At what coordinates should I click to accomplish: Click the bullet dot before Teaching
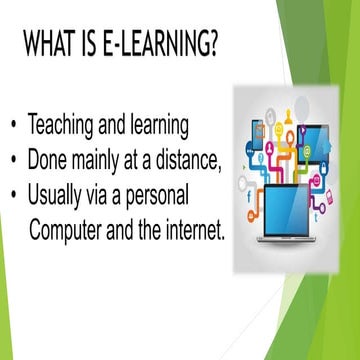click(x=13, y=127)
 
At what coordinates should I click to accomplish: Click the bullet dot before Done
click(x=13, y=159)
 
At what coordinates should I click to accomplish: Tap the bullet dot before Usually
click(x=13, y=191)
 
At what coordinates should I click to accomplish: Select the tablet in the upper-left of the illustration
click(x=258, y=133)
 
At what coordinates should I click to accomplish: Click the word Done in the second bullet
click(x=47, y=158)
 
